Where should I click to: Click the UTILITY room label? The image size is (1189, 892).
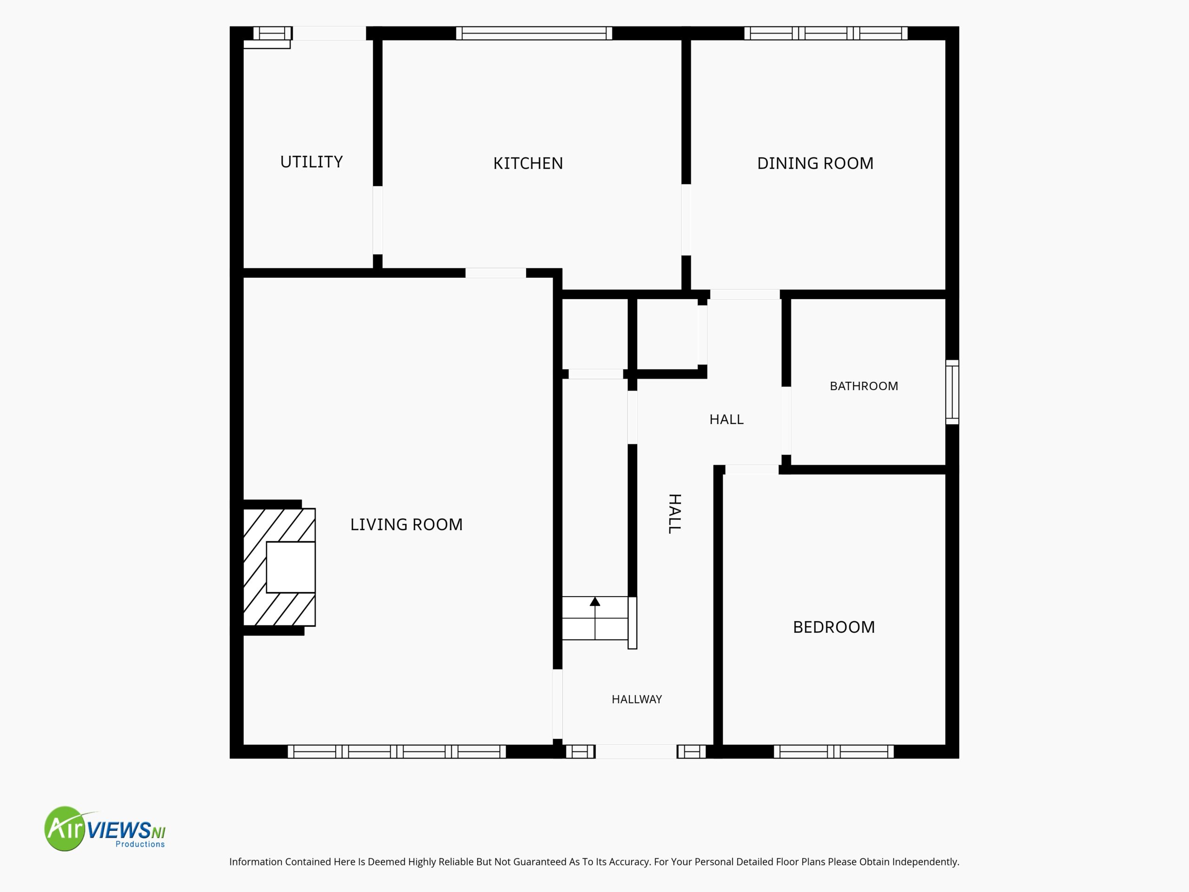tap(311, 162)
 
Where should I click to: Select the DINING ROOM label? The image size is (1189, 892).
tap(815, 164)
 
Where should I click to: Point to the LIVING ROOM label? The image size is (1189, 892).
tap(406, 525)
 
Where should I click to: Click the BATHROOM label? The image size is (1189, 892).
tap(864, 386)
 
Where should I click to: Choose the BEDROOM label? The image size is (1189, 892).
tap(834, 627)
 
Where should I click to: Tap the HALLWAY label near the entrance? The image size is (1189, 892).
tap(636, 699)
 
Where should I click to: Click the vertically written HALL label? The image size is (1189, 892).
tap(674, 513)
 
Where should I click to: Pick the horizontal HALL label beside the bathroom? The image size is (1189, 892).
tap(726, 420)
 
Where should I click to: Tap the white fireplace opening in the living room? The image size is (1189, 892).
tap(291, 567)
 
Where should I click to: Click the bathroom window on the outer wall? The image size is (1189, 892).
tap(952, 392)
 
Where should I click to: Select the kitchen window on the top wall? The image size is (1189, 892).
tap(534, 33)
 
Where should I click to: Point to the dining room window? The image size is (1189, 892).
tap(826, 33)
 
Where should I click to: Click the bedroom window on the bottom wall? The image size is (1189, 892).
tap(834, 752)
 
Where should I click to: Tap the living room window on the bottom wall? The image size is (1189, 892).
tap(397, 752)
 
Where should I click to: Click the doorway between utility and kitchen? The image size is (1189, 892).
tap(378, 221)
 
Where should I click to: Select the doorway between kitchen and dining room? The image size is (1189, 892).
tap(686, 220)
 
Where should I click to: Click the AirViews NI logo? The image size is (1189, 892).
tap(105, 828)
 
